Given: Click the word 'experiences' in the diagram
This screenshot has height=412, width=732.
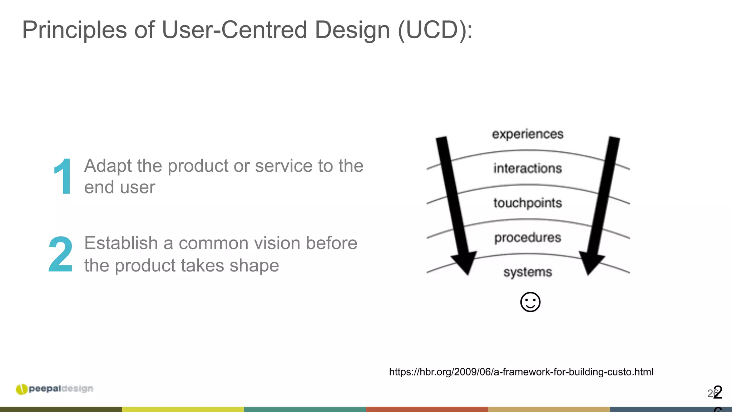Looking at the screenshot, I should point(528,134).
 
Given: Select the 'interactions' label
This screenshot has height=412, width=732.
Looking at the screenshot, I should point(528,168).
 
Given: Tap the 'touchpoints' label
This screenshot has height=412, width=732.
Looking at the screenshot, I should point(528,203).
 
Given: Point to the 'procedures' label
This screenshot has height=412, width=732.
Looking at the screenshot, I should point(528,237).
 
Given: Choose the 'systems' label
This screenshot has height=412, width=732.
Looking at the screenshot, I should point(528,272).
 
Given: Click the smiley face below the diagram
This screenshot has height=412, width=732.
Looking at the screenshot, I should point(530,302).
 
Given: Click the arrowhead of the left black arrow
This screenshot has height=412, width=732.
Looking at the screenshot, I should point(464,263).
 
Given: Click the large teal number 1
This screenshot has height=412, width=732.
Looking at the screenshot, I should point(63,177).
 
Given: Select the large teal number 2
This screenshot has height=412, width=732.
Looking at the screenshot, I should point(60,255).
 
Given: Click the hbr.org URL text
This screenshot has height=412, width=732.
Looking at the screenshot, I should point(521,372).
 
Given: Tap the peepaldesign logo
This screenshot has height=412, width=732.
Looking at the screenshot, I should point(55,389).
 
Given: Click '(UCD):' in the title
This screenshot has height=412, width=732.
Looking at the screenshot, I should point(435,30).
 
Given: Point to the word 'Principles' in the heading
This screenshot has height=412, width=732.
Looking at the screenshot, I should point(74,30).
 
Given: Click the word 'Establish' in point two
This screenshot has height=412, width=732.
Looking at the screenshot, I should point(121,243).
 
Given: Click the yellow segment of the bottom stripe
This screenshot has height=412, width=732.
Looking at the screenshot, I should point(183,409).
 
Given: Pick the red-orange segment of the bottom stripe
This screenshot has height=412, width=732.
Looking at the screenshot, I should point(427,409).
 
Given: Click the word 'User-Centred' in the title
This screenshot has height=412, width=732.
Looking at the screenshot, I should point(234,30).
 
